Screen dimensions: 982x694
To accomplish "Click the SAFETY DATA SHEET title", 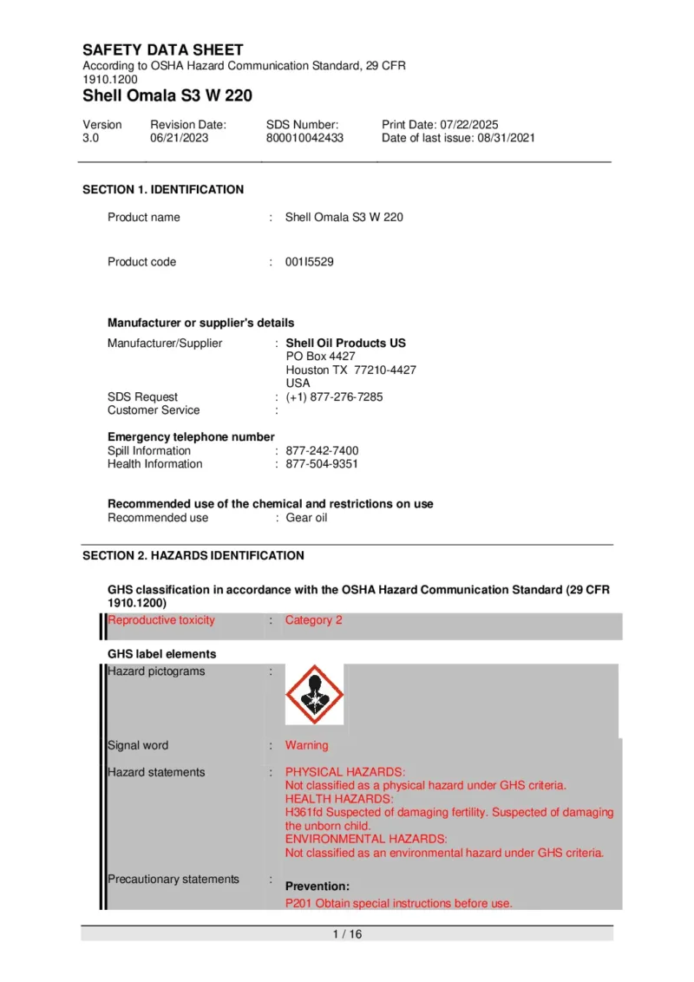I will pyautogui.click(x=163, y=50).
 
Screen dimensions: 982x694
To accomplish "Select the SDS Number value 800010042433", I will pyautogui.click(x=304, y=138).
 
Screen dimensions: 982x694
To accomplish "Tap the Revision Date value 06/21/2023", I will pyautogui.click(x=180, y=138).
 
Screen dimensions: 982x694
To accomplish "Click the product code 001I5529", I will pyautogui.click(x=309, y=262).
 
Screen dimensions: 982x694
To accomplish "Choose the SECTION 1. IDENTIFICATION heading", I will pyautogui.click(x=163, y=189).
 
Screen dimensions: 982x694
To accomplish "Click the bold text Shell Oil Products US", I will pyautogui.click(x=345, y=343).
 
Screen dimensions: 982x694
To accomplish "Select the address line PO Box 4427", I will pyautogui.click(x=320, y=357).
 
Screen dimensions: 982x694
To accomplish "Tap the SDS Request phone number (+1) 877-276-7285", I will pyautogui.click(x=334, y=397).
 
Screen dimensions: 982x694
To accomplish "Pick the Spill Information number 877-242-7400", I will pyautogui.click(x=322, y=451).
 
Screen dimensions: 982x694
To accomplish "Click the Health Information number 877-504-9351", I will pyautogui.click(x=322, y=464).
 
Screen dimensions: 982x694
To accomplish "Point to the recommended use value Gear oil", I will pyautogui.click(x=306, y=518).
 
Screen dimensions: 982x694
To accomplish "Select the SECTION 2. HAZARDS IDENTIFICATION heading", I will pyautogui.click(x=193, y=555).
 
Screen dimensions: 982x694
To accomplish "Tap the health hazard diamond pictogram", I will pyautogui.click(x=315, y=695).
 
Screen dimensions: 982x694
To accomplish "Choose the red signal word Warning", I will pyautogui.click(x=307, y=745).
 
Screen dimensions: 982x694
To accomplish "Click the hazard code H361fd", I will pyautogui.click(x=304, y=813).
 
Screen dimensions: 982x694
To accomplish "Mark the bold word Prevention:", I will pyautogui.click(x=318, y=887).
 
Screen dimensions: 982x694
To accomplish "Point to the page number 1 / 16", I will pyautogui.click(x=347, y=934).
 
